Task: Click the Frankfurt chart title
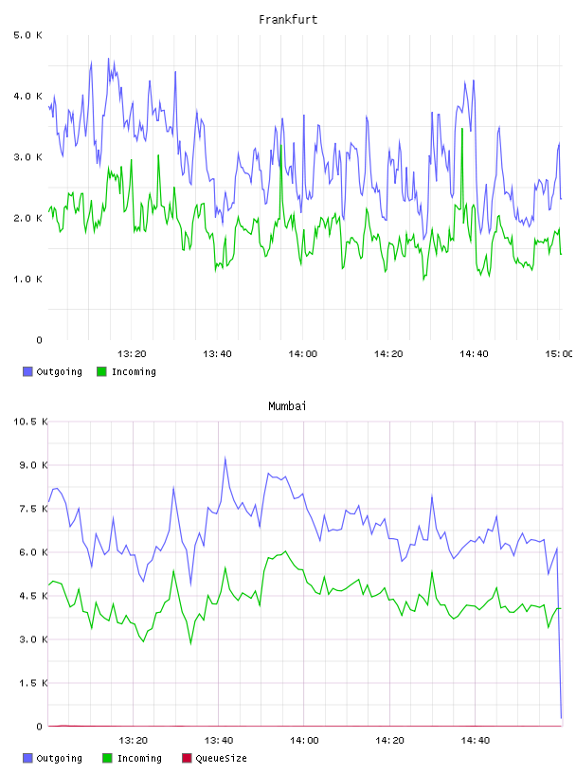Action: tap(288, 20)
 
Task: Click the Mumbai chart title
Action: tap(287, 406)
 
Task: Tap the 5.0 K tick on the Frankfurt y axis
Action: tap(27, 35)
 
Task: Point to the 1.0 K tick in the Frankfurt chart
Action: tap(27, 279)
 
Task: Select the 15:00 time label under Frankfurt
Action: tap(559, 354)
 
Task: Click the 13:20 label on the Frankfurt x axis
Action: tap(132, 354)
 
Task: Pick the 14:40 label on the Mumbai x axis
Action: tap(476, 741)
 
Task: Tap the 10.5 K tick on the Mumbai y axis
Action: tap(30, 422)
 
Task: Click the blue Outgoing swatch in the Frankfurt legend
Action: tap(27, 371)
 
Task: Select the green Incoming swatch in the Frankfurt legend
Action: tap(101, 371)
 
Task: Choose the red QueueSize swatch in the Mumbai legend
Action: tap(187, 758)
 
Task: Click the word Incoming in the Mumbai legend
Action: tap(139, 758)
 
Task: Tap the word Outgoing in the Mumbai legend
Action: tap(59, 758)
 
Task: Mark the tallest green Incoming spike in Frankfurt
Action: tap(462, 129)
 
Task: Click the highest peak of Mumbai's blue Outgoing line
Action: tap(225, 458)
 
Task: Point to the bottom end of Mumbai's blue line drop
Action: tap(561, 718)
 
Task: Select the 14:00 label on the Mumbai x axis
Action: tap(304, 741)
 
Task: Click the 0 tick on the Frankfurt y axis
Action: tap(40, 340)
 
